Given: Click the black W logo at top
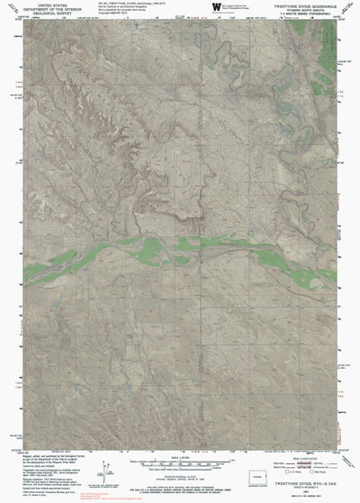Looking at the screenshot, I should [x=216, y=7].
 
